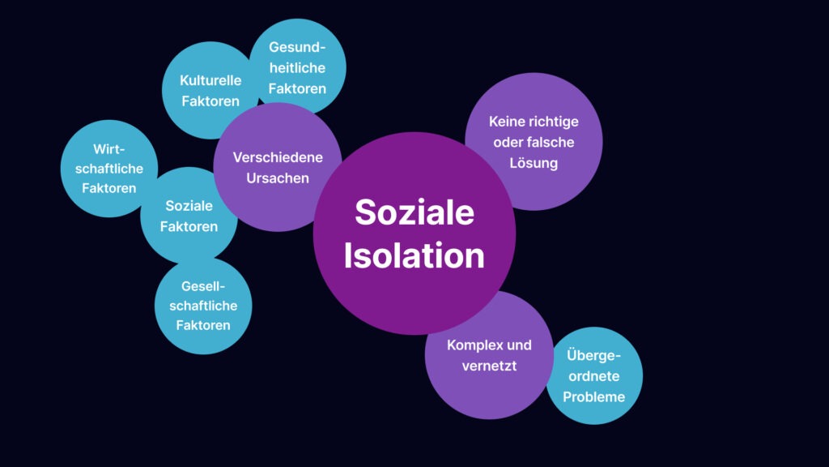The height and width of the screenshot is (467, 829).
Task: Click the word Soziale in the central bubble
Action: coord(414,212)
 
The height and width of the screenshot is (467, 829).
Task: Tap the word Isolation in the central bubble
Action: coord(414,255)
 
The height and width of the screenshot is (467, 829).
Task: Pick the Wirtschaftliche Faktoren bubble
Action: coord(109,169)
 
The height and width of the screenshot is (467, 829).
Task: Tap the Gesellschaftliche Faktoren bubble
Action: coord(203,306)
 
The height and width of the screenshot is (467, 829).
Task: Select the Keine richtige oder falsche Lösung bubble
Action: coord(534,141)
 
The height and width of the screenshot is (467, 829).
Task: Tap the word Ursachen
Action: coord(278,178)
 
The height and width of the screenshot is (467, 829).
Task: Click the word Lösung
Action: coord(534,164)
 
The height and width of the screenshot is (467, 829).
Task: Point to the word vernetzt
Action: coord(489,366)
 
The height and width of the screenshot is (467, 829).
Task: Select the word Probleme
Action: coord(593,396)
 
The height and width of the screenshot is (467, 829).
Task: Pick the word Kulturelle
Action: coord(210,80)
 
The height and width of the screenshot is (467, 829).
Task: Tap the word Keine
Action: coord(505,122)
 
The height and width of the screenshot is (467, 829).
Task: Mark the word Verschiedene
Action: coord(278,157)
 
